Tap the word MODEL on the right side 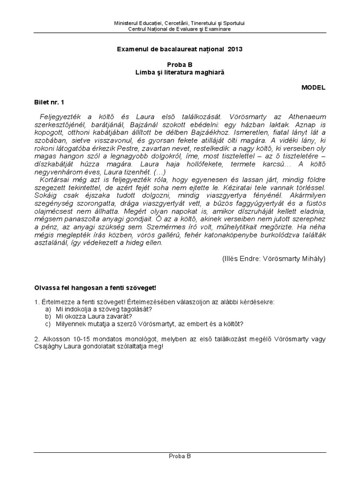point(313,87)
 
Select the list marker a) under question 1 point(48,309)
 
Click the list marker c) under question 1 point(48,323)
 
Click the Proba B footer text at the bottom point(180,456)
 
